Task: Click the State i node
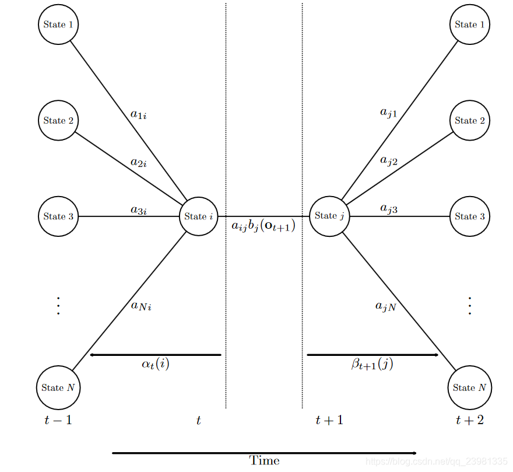tap(198, 216)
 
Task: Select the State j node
tap(329, 216)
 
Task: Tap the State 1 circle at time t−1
tap(58, 25)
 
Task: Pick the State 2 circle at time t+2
tap(469, 121)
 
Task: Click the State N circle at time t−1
tap(58, 387)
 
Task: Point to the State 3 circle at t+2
tap(469, 216)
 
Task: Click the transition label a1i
tap(138, 115)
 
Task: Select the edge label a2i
tap(138, 163)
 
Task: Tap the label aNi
tap(141, 306)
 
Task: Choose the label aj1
tap(388, 113)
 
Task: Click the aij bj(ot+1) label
tap(263, 226)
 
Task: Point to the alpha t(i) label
tap(156, 365)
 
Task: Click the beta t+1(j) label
tap(372, 365)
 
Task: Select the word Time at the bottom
tap(264, 461)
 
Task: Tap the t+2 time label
tap(469, 420)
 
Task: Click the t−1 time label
tap(58, 420)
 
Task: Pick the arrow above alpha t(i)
tap(155, 355)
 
